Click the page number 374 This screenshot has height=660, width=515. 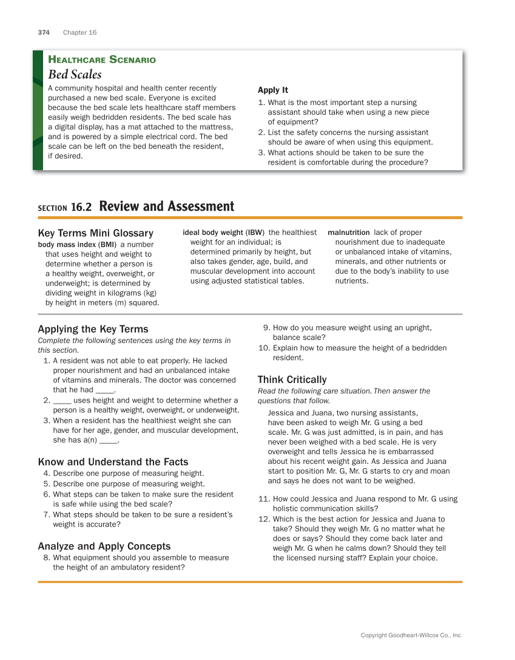tap(44, 32)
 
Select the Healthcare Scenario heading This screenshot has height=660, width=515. tap(102, 60)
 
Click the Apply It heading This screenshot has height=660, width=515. tap(273, 90)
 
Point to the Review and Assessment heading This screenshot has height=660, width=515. tap(166, 206)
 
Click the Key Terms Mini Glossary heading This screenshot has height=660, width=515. tap(95, 233)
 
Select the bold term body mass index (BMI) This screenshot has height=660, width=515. tap(77, 245)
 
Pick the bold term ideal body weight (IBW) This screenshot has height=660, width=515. tap(223, 233)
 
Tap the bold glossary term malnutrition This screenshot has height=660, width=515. tap(348, 233)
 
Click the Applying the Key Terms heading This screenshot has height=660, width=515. tap(93, 329)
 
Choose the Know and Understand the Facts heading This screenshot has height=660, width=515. tap(113, 462)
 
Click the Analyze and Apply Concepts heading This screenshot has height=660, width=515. tap(104, 546)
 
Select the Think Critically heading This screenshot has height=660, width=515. tap(292, 379)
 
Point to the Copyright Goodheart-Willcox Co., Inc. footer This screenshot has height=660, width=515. tap(411, 635)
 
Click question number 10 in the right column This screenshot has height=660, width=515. tap(263, 348)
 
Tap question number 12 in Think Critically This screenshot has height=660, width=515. tap(263, 519)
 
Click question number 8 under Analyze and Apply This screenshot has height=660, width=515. tap(46, 557)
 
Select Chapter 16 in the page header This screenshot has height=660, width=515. tap(79, 32)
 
